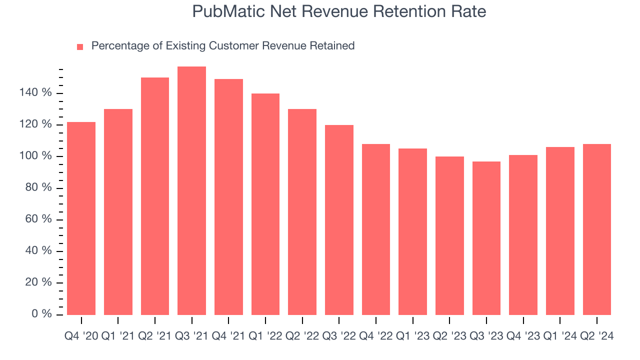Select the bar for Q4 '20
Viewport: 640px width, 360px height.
tap(81, 218)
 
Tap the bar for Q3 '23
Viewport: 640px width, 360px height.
tap(486, 238)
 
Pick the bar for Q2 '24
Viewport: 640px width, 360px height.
tap(596, 229)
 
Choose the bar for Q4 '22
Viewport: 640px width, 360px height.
tap(376, 229)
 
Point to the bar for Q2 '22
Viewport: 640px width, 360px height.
tap(302, 212)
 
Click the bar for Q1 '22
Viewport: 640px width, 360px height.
tap(265, 204)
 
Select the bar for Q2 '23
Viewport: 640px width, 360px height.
tap(449, 235)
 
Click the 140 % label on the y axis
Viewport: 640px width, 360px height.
tap(35, 93)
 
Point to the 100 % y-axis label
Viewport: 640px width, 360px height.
tap(35, 156)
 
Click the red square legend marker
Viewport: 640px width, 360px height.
tap(80, 46)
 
